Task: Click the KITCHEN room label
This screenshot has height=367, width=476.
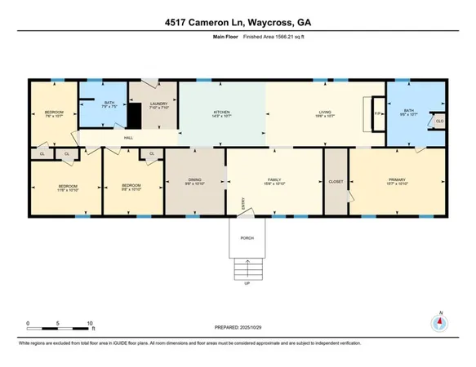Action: (223, 113)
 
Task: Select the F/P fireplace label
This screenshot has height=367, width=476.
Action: (376, 114)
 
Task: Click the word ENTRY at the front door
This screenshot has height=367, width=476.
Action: (242, 208)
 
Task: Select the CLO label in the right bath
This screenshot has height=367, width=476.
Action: (439, 122)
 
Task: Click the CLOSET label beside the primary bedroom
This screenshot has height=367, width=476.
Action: (336, 181)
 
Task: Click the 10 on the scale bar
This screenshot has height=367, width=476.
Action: (90, 324)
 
